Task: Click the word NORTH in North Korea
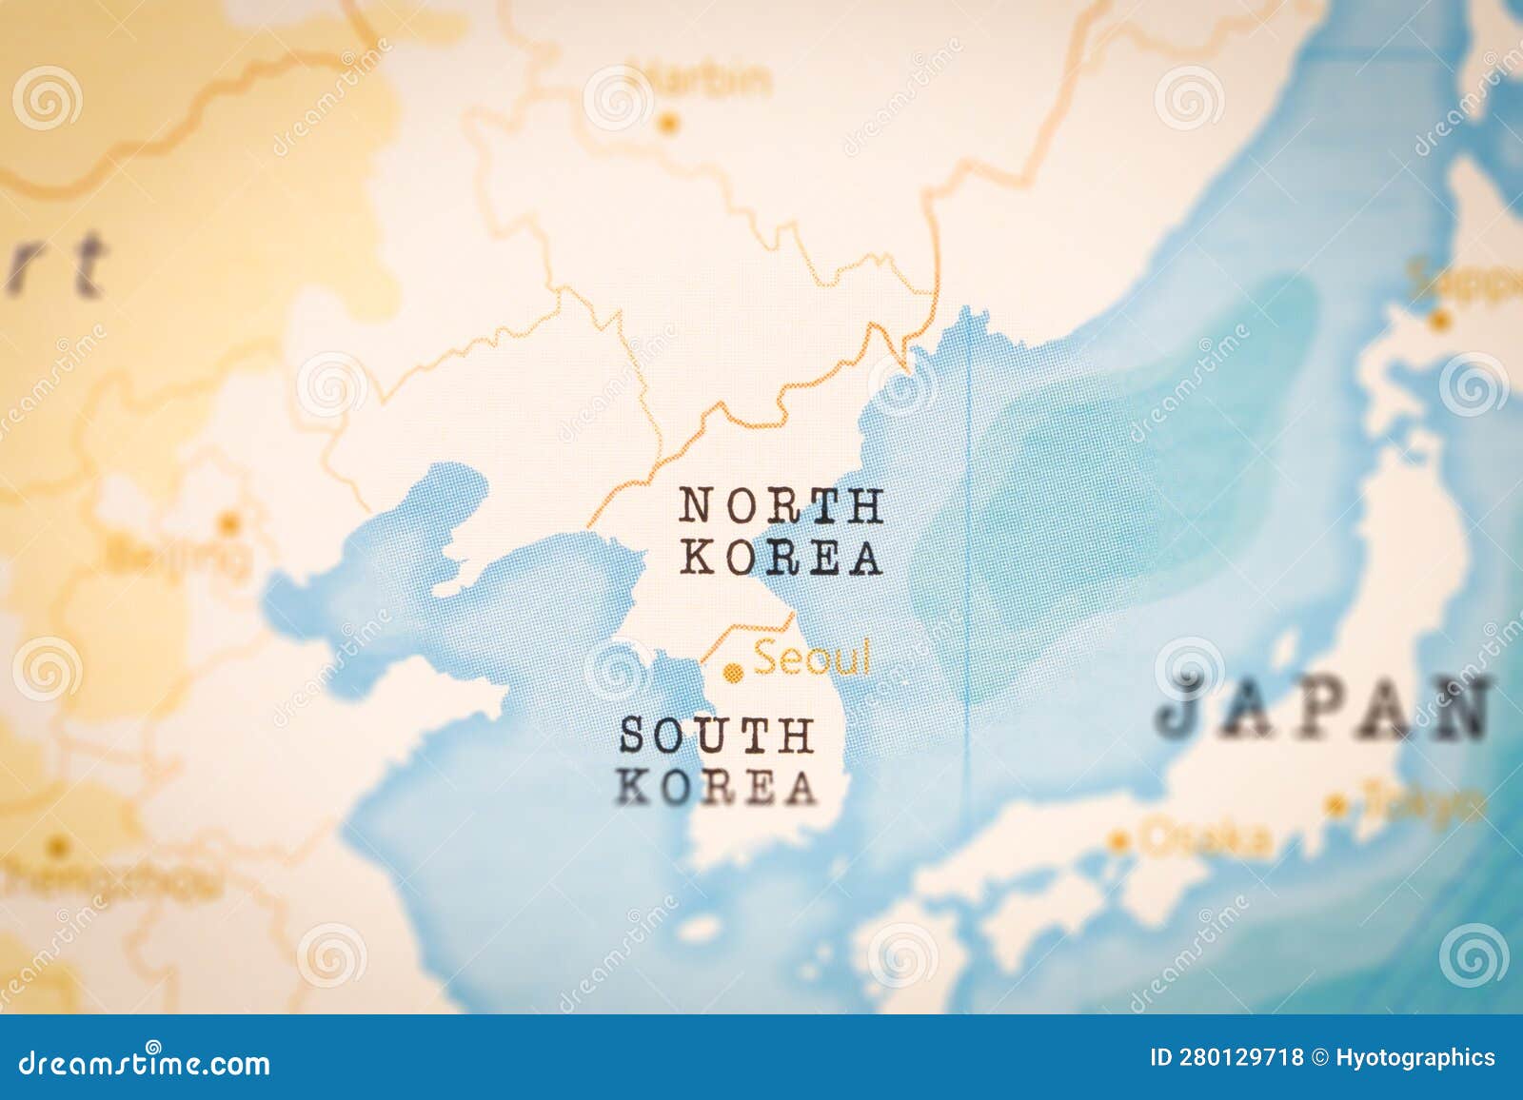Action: pyautogui.click(x=781, y=506)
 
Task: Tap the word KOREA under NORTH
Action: pyautogui.click(x=781, y=558)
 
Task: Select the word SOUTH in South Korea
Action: pyautogui.click(x=717, y=736)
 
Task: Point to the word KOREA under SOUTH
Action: pyautogui.click(x=717, y=787)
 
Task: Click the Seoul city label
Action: pyautogui.click(x=812, y=658)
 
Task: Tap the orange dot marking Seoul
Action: pyautogui.click(x=732, y=674)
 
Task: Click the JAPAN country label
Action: pyautogui.click(x=1323, y=707)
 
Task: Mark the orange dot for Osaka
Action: pyautogui.click(x=1118, y=841)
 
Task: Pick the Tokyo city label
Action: pyautogui.click(x=1423, y=805)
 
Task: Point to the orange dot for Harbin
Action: pyautogui.click(x=669, y=122)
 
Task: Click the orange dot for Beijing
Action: pyautogui.click(x=228, y=522)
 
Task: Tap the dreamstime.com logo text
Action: pyautogui.click(x=144, y=1062)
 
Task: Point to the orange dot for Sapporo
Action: pyautogui.click(x=1440, y=321)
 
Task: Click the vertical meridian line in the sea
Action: pyautogui.click(x=968, y=571)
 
